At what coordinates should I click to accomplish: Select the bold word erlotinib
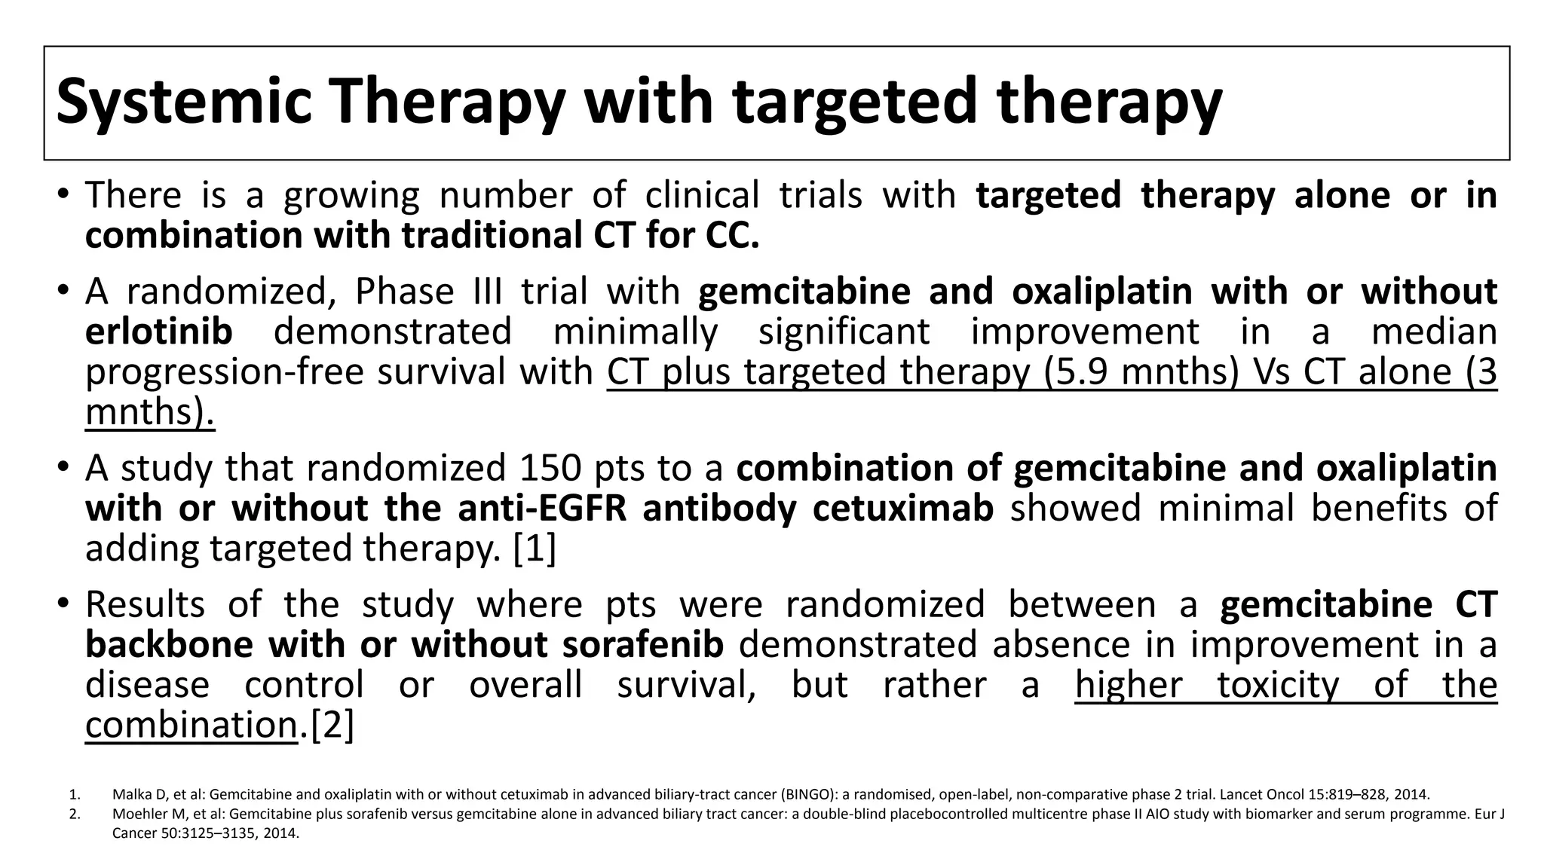pos(158,332)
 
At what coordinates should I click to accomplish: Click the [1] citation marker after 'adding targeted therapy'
pos(534,549)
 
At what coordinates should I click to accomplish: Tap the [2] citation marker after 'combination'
pos(332,726)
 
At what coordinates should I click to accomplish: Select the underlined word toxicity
pos(1278,685)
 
